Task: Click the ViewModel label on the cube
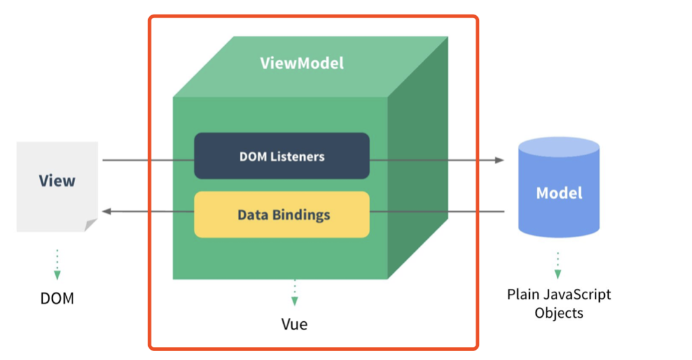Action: pyautogui.click(x=301, y=64)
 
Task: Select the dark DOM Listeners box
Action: pyautogui.click(x=282, y=156)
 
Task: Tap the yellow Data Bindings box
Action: pyautogui.click(x=282, y=214)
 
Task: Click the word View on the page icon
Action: pyautogui.click(x=57, y=181)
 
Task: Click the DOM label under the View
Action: pyautogui.click(x=57, y=298)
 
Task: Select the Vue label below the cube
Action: pyautogui.click(x=294, y=324)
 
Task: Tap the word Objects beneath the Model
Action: pyautogui.click(x=558, y=313)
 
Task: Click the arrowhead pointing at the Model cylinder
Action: pyautogui.click(x=500, y=160)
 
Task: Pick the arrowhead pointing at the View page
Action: pyautogui.click(x=107, y=211)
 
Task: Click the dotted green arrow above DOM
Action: pyautogui.click(x=57, y=264)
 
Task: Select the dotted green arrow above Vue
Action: pyautogui.click(x=294, y=293)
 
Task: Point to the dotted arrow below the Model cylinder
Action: pyautogui.click(x=558, y=265)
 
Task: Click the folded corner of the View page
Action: pyautogui.click(x=91, y=225)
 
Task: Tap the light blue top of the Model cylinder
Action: pyautogui.click(x=558, y=148)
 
